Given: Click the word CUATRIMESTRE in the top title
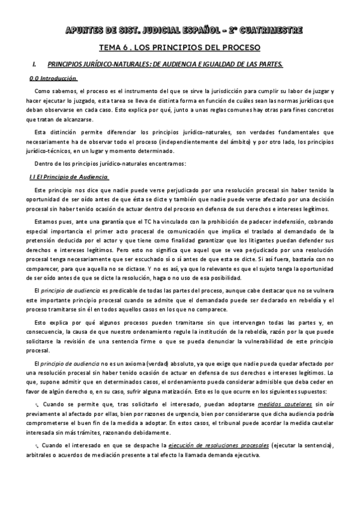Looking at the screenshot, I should [x=271, y=30].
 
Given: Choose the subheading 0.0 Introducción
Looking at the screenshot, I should [x=53, y=79].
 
